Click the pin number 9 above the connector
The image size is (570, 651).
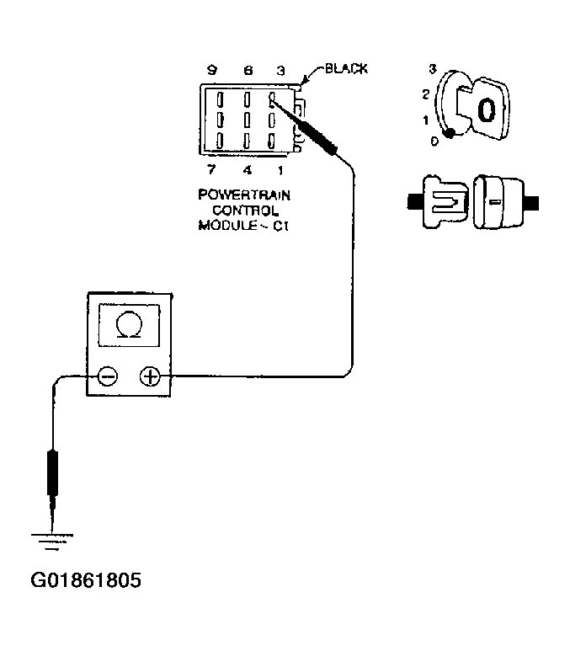pos(212,71)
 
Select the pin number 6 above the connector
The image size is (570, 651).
pos(248,71)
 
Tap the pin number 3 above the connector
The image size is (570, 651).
pos(280,71)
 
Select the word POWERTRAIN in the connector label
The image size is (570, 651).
pos(244,195)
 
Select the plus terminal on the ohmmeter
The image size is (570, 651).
pos(150,376)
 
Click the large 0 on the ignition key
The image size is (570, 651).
pos(486,109)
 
